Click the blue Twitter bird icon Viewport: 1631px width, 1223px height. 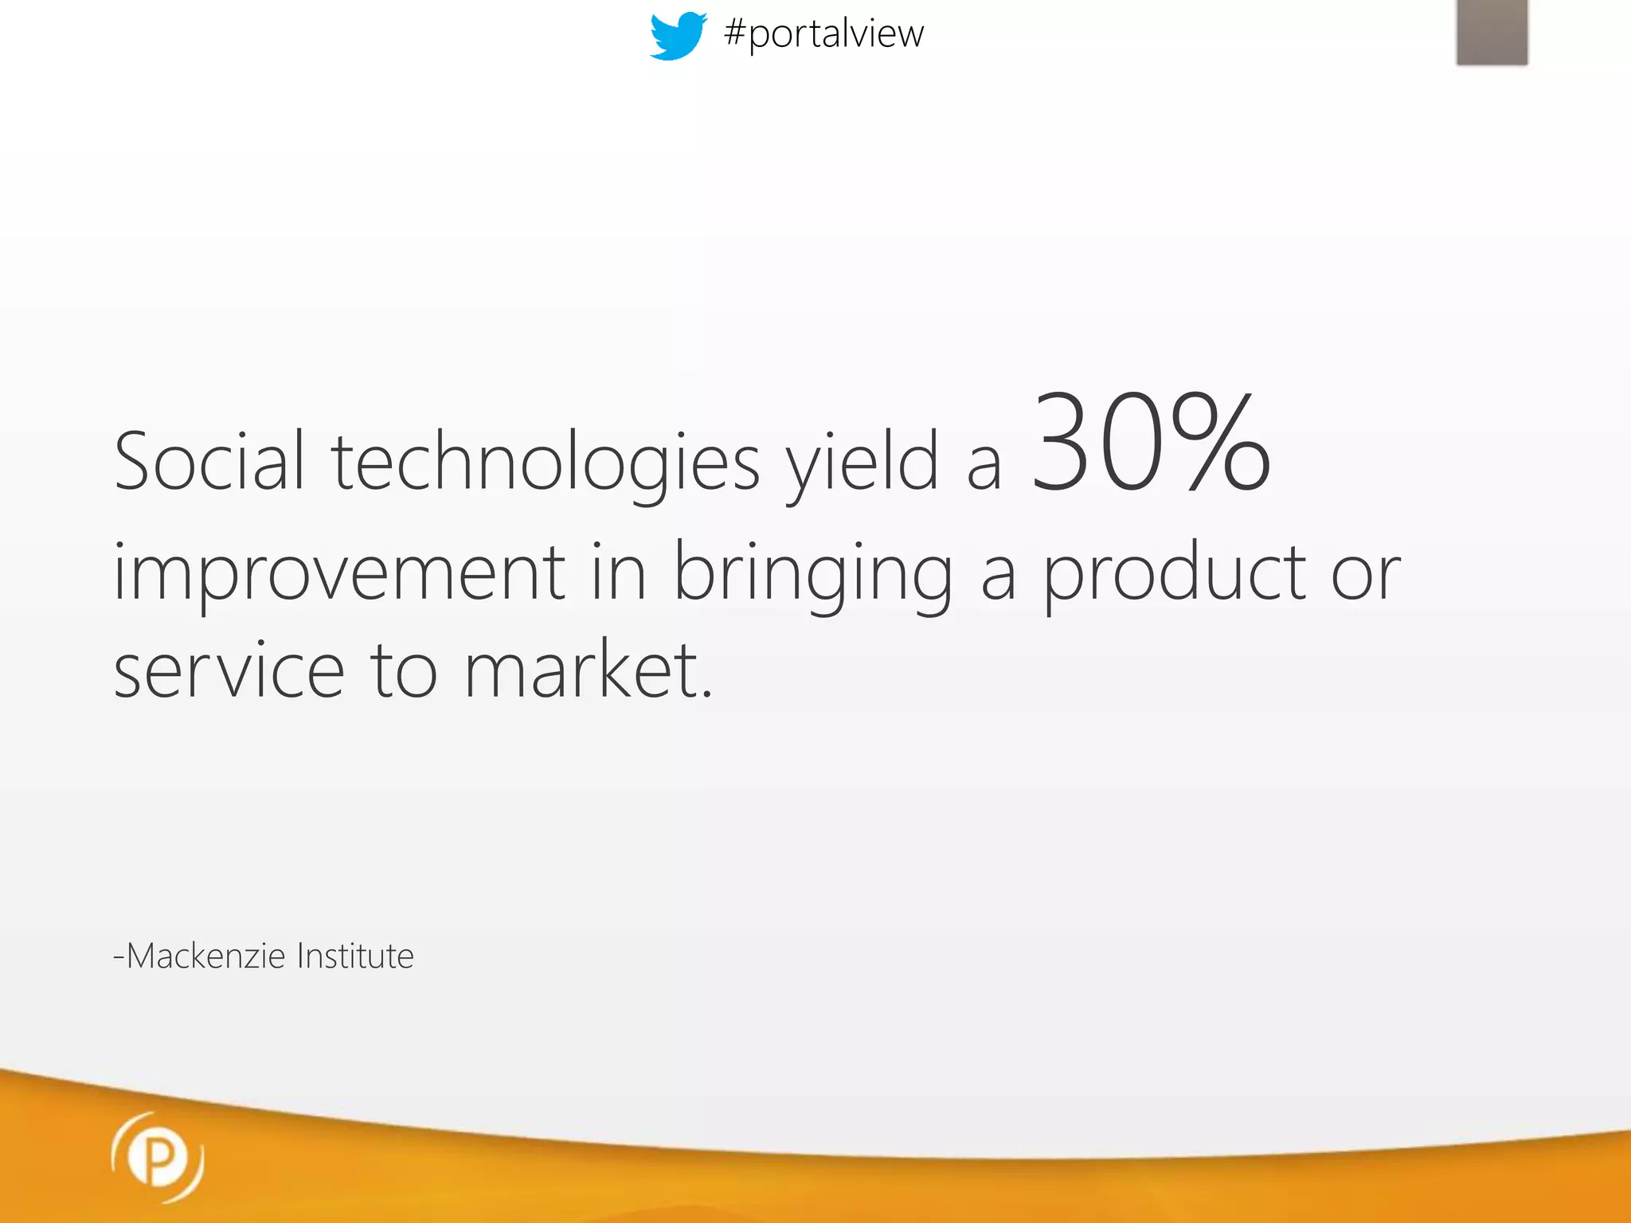678,35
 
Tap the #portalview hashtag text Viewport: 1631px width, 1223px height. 823,33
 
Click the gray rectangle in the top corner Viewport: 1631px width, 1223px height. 1492,32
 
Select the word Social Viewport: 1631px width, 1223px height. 209,461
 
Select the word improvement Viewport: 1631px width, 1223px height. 339,572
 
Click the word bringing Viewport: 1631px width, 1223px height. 813,572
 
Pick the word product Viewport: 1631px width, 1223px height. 1175,572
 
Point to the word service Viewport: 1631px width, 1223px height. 229,670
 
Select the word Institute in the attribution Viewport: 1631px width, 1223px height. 355,955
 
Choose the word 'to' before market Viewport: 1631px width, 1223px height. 404,670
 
